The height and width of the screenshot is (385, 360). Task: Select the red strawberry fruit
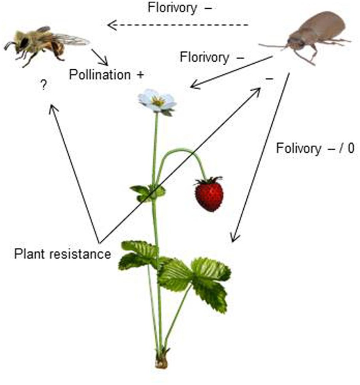pos(209,195)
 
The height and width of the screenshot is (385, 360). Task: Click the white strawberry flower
pos(157,101)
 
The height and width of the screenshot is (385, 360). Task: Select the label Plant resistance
pos(63,254)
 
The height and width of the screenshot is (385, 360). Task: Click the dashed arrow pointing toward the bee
pos(178,26)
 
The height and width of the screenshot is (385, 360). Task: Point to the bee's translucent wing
pos(73,39)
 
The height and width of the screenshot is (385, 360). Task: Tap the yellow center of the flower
pos(158,101)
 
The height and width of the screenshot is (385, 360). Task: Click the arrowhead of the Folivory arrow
pos(235,239)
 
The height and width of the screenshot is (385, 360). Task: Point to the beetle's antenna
pos(273,46)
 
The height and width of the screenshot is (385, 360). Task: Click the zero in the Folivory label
pos(350,149)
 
